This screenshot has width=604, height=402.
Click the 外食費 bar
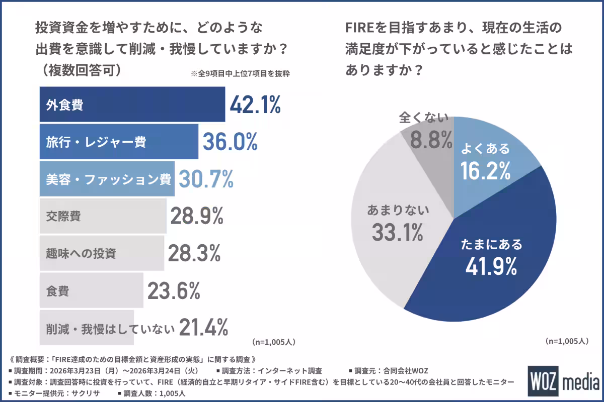[132, 105]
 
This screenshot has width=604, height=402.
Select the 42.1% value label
[255, 105]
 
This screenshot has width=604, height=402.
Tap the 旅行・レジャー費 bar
[119, 142]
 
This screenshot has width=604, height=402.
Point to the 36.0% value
[230, 142]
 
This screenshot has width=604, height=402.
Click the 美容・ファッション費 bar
[107, 179]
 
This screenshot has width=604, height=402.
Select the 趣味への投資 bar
[102, 253]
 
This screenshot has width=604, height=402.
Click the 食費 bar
[91, 290]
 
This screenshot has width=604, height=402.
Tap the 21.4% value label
[202, 328]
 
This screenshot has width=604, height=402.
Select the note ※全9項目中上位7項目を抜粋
[241, 73]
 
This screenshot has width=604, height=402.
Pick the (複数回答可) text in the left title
[80, 70]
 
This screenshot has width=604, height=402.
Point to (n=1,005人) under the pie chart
[567, 341]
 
